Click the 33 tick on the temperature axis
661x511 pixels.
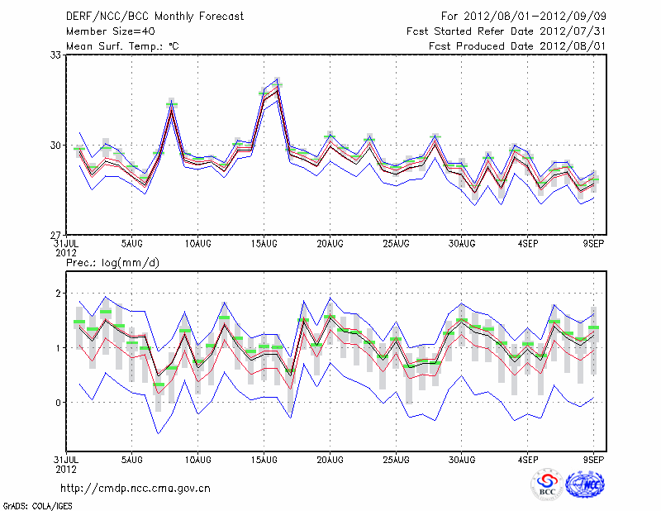coord(57,55)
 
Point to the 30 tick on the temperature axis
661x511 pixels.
coord(57,145)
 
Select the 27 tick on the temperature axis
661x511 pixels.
coord(57,235)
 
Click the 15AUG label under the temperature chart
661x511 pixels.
coord(264,244)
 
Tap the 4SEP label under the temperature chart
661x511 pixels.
coord(528,244)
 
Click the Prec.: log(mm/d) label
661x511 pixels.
coord(112,263)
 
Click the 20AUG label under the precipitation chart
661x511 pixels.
coord(330,458)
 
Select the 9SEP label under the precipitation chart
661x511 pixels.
coord(594,458)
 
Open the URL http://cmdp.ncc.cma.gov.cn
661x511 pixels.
coord(136,488)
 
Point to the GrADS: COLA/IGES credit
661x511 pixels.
coord(27,504)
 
